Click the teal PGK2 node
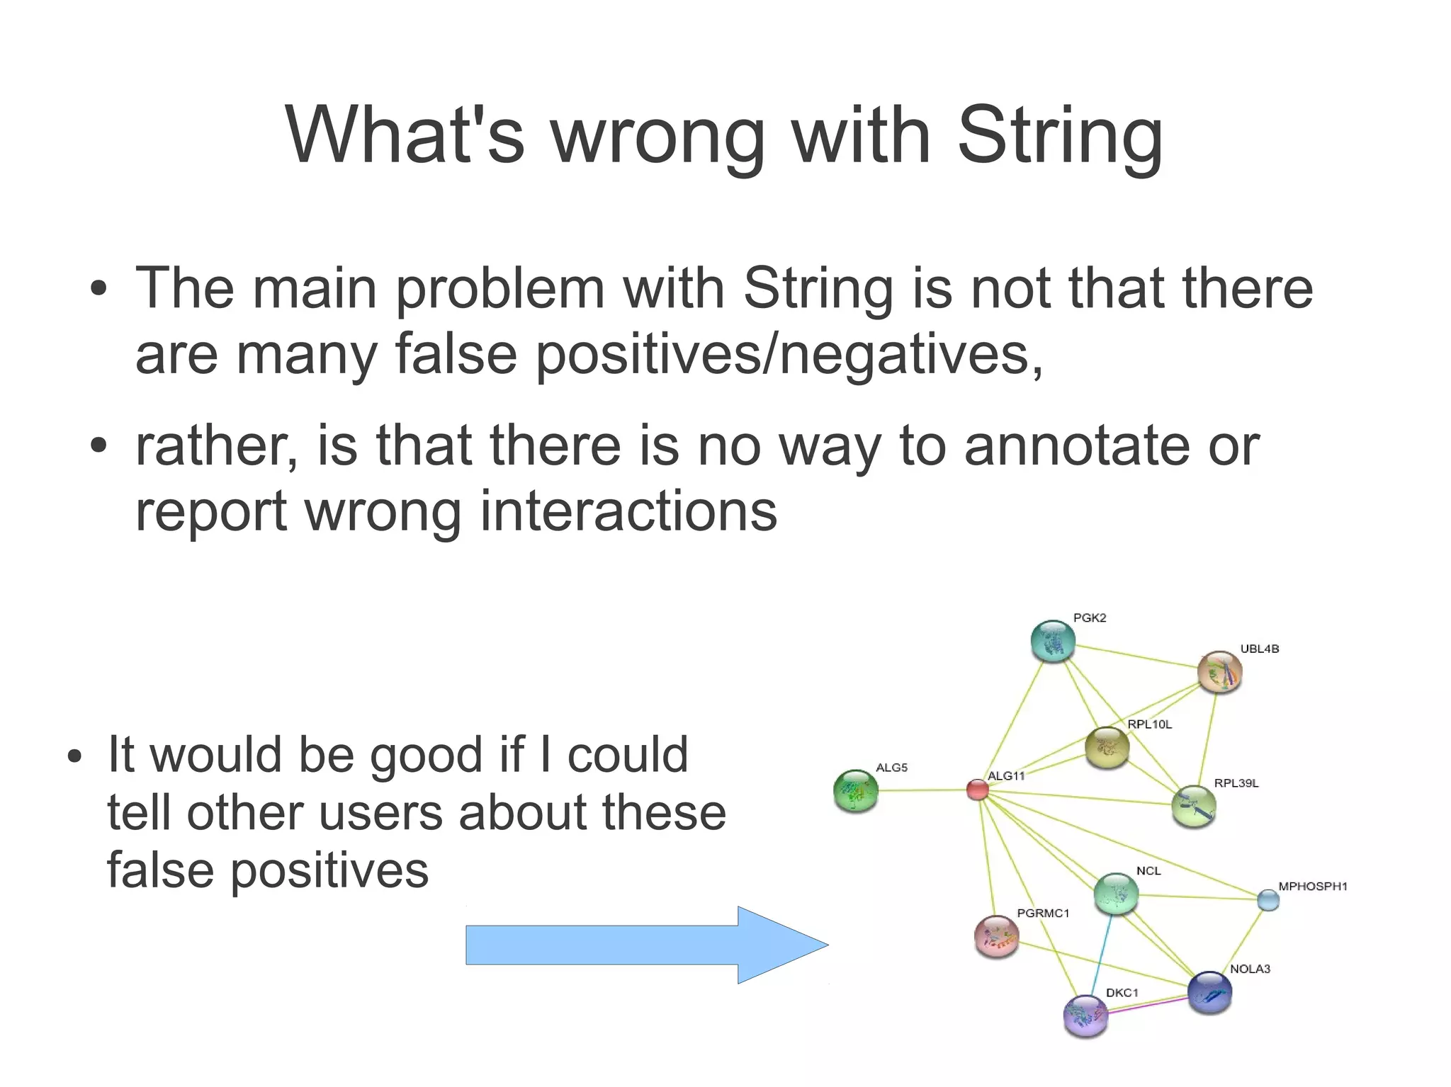pyautogui.click(x=1053, y=642)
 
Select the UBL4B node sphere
pyautogui.click(x=1219, y=672)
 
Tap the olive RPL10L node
pyautogui.click(x=1107, y=747)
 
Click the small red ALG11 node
pyautogui.click(x=978, y=790)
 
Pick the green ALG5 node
pyautogui.click(x=856, y=791)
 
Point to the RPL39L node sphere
pyautogui.click(x=1194, y=807)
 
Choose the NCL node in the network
pyautogui.click(x=1116, y=894)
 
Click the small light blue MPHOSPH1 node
pyautogui.click(x=1268, y=900)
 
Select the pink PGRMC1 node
pyautogui.click(x=996, y=936)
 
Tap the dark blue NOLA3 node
pyautogui.click(x=1209, y=992)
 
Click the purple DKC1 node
pyautogui.click(x=1085, y=1016)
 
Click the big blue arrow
pyautogui.click(x=638, y=945)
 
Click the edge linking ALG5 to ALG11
pyautogui.click(x=921, y=790)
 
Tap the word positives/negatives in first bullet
pyautogui.click(x=788, y=353)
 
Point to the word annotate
pyautogui.click(x=1077, y=445)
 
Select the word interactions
pyautogui.click(x=628, y=511)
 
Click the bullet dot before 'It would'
pyautogui.click(x=75, y=756)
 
